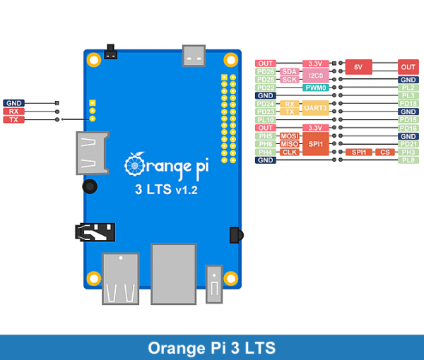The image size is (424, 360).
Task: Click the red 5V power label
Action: [358, 67]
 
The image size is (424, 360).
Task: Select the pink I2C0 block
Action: [316, 76]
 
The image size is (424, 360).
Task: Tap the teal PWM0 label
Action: [316, 88]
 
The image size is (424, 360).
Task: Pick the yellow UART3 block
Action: [316, 108]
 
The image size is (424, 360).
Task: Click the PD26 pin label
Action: [266, 71]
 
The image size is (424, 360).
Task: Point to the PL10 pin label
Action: [266, 120]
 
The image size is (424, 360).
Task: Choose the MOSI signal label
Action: [289, 136]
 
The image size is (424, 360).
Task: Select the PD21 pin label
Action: [408, 144]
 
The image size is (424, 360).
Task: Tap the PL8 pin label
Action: [408, 160]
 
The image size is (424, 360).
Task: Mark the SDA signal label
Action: [289, 71]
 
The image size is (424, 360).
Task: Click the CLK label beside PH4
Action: [289, 152]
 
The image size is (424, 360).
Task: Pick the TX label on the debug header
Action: [13, 120]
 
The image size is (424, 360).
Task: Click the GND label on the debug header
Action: [13, 103]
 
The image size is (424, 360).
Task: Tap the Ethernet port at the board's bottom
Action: [173, 273]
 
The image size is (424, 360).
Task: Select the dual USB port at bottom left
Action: [120, 278]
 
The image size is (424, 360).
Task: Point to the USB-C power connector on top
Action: [193, 54]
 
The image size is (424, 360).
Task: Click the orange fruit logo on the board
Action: [134, 163]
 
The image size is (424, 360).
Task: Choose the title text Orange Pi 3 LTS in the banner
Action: [212, 348]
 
